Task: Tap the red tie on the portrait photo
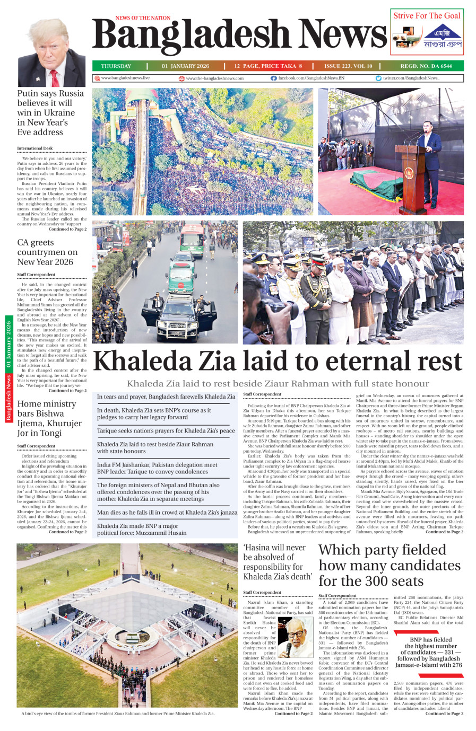[55, 78]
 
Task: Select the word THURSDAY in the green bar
[116, 66]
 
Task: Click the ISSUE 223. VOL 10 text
[348, 66]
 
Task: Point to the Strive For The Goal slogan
[427, 16]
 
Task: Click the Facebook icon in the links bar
[274, 78]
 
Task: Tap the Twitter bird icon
[378, 78]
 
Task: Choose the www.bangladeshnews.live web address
[125, 78]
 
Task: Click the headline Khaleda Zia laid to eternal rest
[278, 362]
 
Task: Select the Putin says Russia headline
[50, 112]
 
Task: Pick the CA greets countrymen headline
[47, 252]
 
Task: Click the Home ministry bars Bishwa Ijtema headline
[49, 418]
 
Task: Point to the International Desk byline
[35, 148]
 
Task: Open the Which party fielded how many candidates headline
[389, 565]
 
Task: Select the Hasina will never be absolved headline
[278, 562]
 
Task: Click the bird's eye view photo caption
[118, 714]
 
